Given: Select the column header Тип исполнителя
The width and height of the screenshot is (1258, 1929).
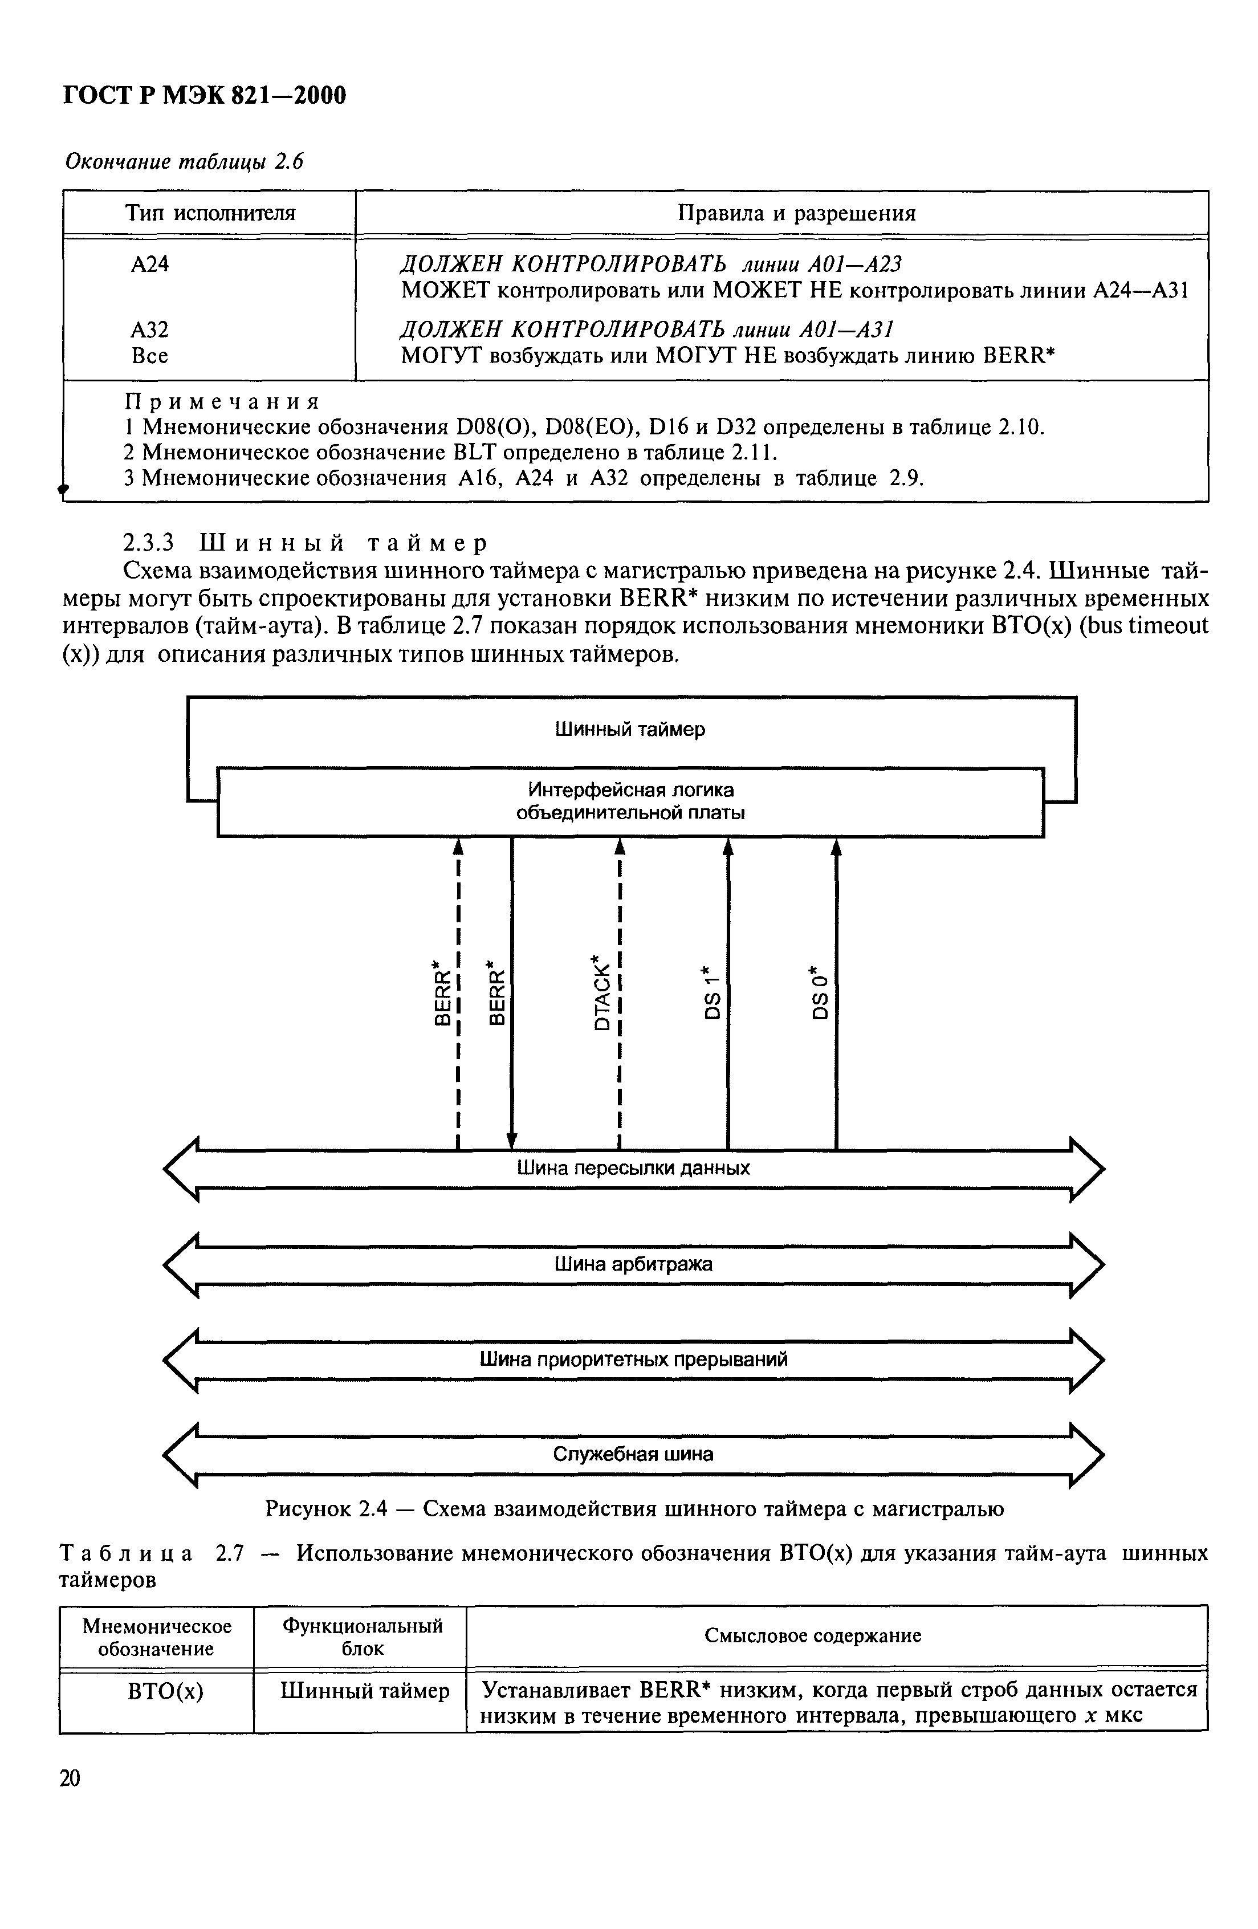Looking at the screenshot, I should coord(210,213).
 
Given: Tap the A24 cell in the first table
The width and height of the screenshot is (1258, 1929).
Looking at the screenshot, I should coord(150,264).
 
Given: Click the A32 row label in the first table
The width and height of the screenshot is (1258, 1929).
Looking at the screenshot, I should coord(150,330).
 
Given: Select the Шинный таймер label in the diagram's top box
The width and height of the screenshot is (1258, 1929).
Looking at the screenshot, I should coord(630,730).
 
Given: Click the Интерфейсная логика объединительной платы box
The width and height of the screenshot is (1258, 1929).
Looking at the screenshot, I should coord(630,801).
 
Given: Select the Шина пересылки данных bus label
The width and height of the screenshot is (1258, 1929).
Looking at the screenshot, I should coord(633,1168).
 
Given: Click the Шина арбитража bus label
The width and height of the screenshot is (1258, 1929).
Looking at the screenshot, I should coord(633,1264).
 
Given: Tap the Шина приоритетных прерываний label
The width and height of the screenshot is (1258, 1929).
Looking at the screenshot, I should coord(633,1359).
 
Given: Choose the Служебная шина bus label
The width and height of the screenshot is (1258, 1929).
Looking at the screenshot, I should coord(633,1454).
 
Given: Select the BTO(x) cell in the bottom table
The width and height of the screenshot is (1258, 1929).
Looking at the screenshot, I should coord(165,1691).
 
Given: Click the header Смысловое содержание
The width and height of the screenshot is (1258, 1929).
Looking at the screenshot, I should coord(812,1635).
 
